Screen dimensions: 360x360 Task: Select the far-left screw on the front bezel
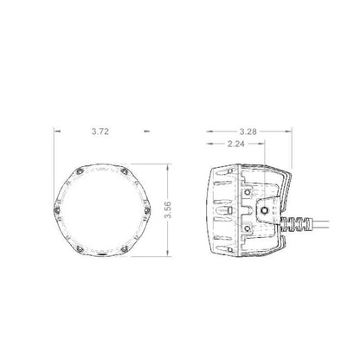[58, 208]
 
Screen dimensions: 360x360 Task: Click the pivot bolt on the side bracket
[263, 209]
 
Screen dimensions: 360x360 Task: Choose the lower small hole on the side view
[248, 228]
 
